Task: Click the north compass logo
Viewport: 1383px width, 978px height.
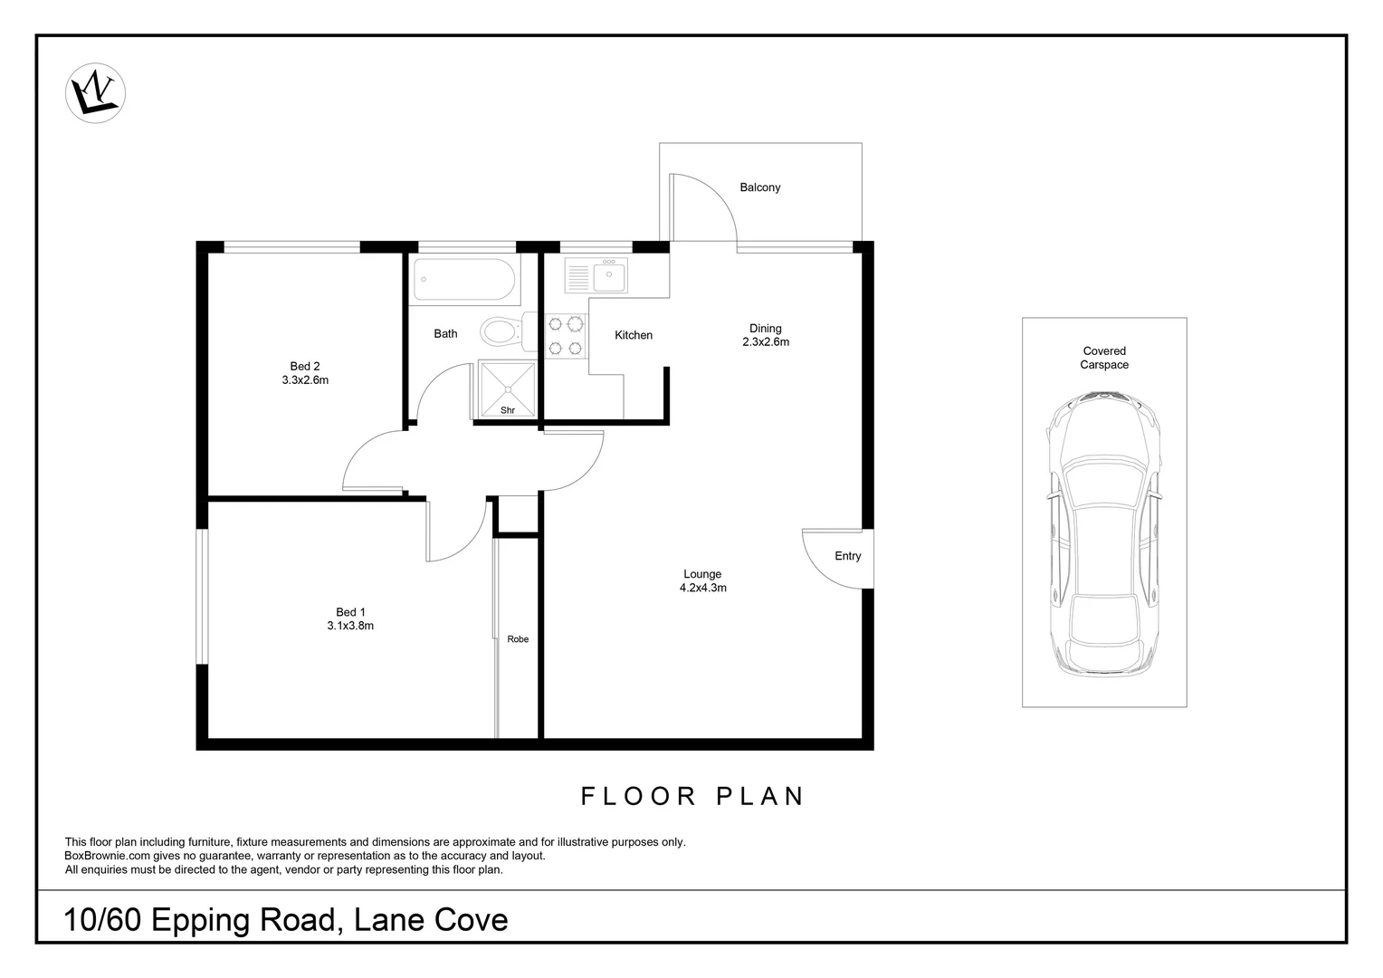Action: (95, 93)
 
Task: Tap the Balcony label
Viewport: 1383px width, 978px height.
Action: (759, 187)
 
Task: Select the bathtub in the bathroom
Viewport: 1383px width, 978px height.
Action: (465, 280)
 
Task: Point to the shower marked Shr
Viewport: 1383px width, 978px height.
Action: (507, 389)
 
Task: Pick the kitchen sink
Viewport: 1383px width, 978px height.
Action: (609, 274)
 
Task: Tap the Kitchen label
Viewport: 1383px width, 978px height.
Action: (633, 335)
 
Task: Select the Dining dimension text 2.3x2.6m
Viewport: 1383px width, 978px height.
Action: (766, 342)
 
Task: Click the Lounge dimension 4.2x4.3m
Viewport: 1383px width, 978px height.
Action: (702, 588)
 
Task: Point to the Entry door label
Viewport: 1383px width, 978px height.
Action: (847, 556)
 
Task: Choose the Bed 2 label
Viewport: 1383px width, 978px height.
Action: (305, 367)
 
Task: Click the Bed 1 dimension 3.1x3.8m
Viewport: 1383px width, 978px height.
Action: (350, 626)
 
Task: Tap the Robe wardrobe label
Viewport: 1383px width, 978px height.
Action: (518, 639)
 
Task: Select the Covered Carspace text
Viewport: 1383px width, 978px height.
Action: (1104, 358)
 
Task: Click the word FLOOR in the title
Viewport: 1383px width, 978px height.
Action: (638, 796)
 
